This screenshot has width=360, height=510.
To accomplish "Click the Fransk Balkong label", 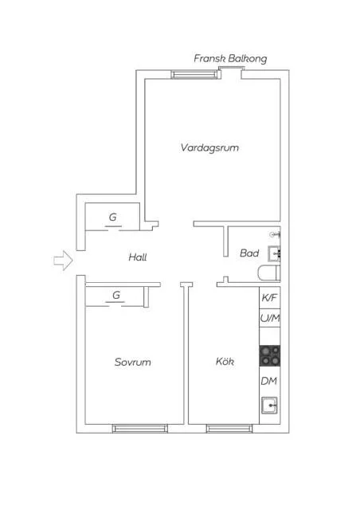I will tap(230, 59).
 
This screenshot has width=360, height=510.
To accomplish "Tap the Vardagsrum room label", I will tap(209, 148).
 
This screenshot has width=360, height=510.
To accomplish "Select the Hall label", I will tap(138, 257).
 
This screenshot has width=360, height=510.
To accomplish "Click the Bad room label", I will tap(248, 253).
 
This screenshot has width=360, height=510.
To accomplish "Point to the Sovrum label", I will tap(132, 362).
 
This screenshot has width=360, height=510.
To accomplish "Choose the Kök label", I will tap(225, 362).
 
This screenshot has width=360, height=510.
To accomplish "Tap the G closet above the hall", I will tap(113, 217).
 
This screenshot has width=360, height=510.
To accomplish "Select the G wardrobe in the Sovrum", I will tap(116, 296).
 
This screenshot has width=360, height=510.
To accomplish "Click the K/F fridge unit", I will tap(269, 297).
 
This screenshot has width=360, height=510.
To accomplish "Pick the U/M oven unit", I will tap(269, 319).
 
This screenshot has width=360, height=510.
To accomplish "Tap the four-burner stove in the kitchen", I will tap(269, 355).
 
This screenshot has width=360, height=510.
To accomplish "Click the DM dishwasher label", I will tap(269, 382).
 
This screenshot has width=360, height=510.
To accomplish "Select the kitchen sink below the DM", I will tap(269, 406).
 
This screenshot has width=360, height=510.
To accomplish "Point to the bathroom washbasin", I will tap(274, 254).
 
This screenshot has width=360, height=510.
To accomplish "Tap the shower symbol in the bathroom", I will tap(275, 235).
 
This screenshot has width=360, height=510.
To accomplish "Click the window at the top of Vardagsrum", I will tap(194, 75).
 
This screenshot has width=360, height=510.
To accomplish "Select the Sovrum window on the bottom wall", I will tap(140, 429).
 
